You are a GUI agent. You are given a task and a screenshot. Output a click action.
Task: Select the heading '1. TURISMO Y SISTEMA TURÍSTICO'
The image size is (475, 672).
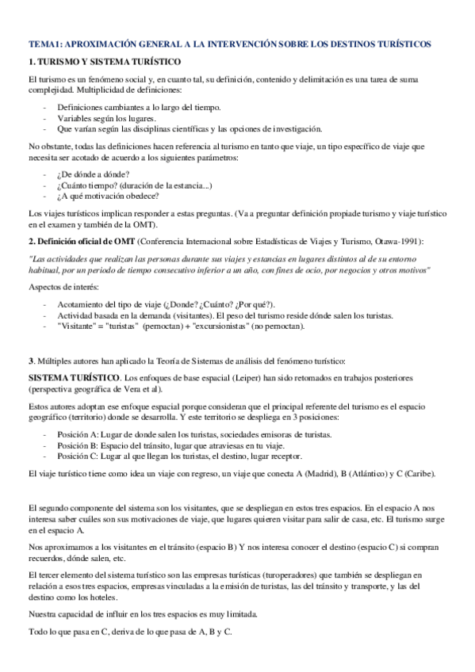(x=105, y=61)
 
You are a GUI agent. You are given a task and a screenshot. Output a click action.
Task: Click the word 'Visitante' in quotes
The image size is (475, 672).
(x=79, y=326)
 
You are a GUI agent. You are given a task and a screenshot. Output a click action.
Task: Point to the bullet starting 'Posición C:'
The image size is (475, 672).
(x=179, y=456)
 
